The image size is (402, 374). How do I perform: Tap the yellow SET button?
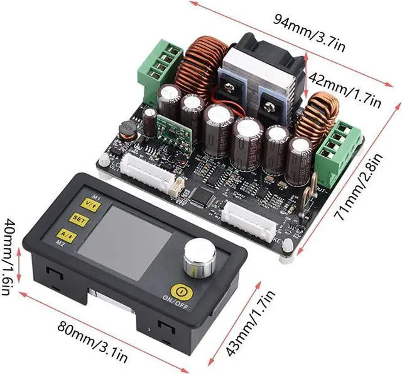pos(79,220)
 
